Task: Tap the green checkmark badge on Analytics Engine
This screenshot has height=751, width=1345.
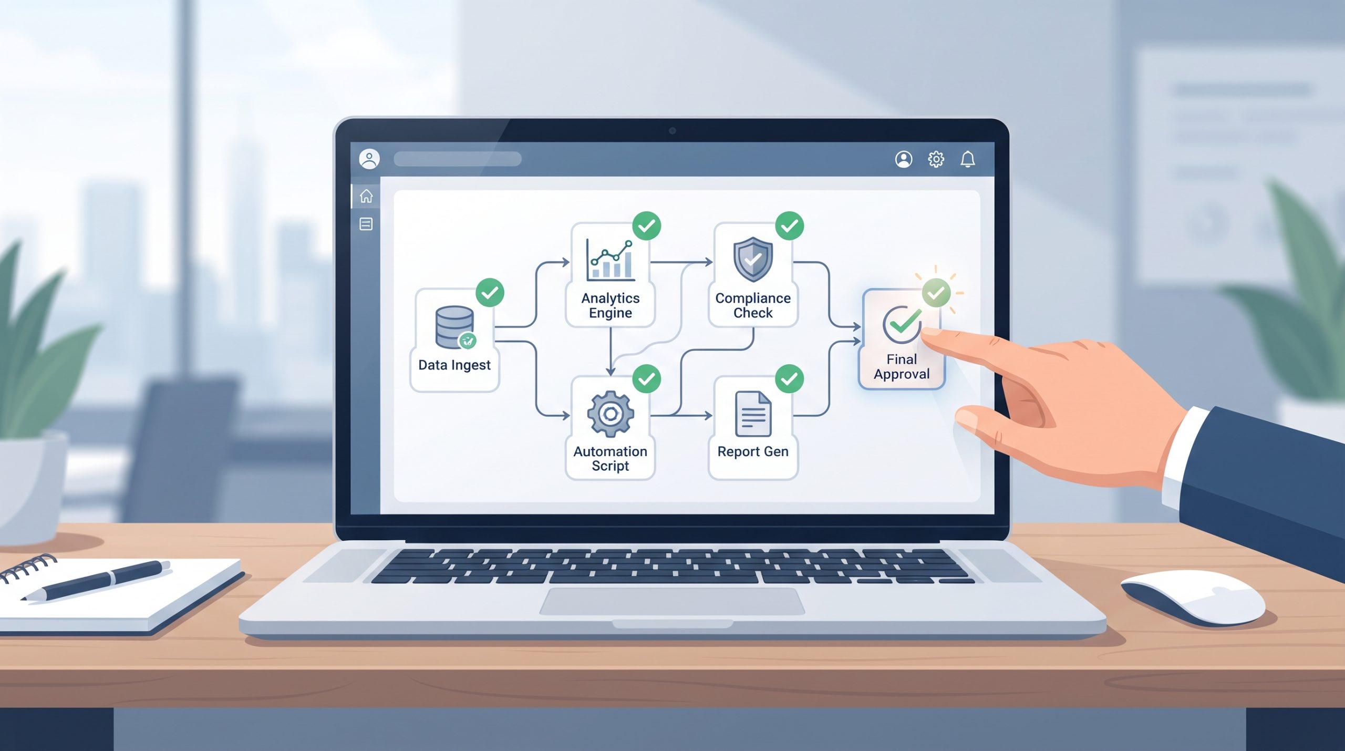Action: [x=646, y=226]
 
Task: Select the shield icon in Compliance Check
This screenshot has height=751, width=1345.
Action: [x=753, y=259]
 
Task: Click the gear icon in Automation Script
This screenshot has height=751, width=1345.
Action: [x=610, y=414]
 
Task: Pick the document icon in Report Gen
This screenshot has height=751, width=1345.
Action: [x=753, y=414]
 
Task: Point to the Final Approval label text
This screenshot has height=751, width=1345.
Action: [x=902, y=367]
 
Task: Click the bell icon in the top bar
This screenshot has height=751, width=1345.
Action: [x=968, y=159]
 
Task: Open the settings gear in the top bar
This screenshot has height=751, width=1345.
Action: [x=936, y=159]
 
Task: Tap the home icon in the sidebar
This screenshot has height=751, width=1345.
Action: [x=366, y=196]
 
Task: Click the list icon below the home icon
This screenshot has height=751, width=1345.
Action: [x=366, y=224]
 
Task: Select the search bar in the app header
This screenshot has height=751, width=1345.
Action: [x=457, y=159]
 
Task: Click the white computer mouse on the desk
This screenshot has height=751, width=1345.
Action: [x=1193, y=597]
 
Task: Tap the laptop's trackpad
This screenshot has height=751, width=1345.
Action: [x=672, y=601]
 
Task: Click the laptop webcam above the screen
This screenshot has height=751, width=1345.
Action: [x=672, y=130]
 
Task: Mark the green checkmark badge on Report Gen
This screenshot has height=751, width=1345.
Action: [x=789, y=378]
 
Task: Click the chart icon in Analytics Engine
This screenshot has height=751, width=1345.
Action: [x=610, y=260]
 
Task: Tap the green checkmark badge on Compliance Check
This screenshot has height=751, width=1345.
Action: [x=789, y=226]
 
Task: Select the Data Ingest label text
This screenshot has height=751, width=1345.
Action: [x=454, y=365]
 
